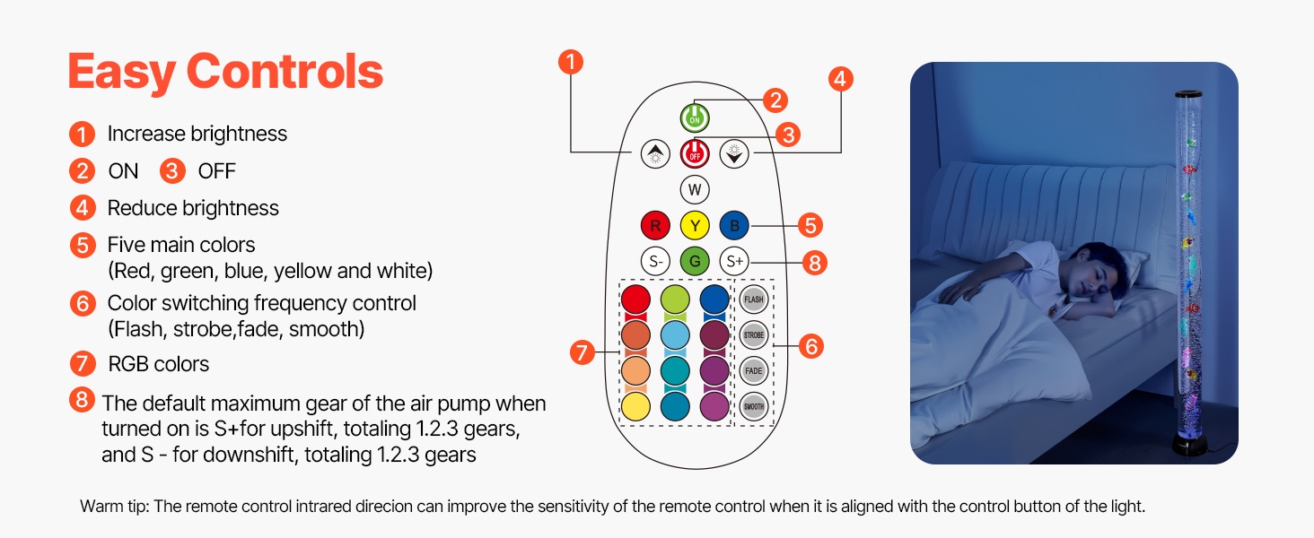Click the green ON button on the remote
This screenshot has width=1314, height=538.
click(695, 117)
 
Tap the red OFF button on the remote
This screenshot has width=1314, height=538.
click(695, 153)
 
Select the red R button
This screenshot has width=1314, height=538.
click(655, 225)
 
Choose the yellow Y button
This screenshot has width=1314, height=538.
click(695, 225)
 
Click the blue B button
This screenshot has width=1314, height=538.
click(734, 225)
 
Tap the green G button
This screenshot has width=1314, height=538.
click(695, 262)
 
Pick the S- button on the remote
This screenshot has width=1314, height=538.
click(655, 262)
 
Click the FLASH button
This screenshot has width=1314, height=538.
click(754, 299)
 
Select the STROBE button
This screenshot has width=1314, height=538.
click(754, 335)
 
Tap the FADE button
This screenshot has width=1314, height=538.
click(754, 370)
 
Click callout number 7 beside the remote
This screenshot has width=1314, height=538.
click(583, 353)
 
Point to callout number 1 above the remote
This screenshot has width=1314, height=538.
click(570, 62)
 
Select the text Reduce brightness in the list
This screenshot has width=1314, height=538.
click(193, 208)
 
